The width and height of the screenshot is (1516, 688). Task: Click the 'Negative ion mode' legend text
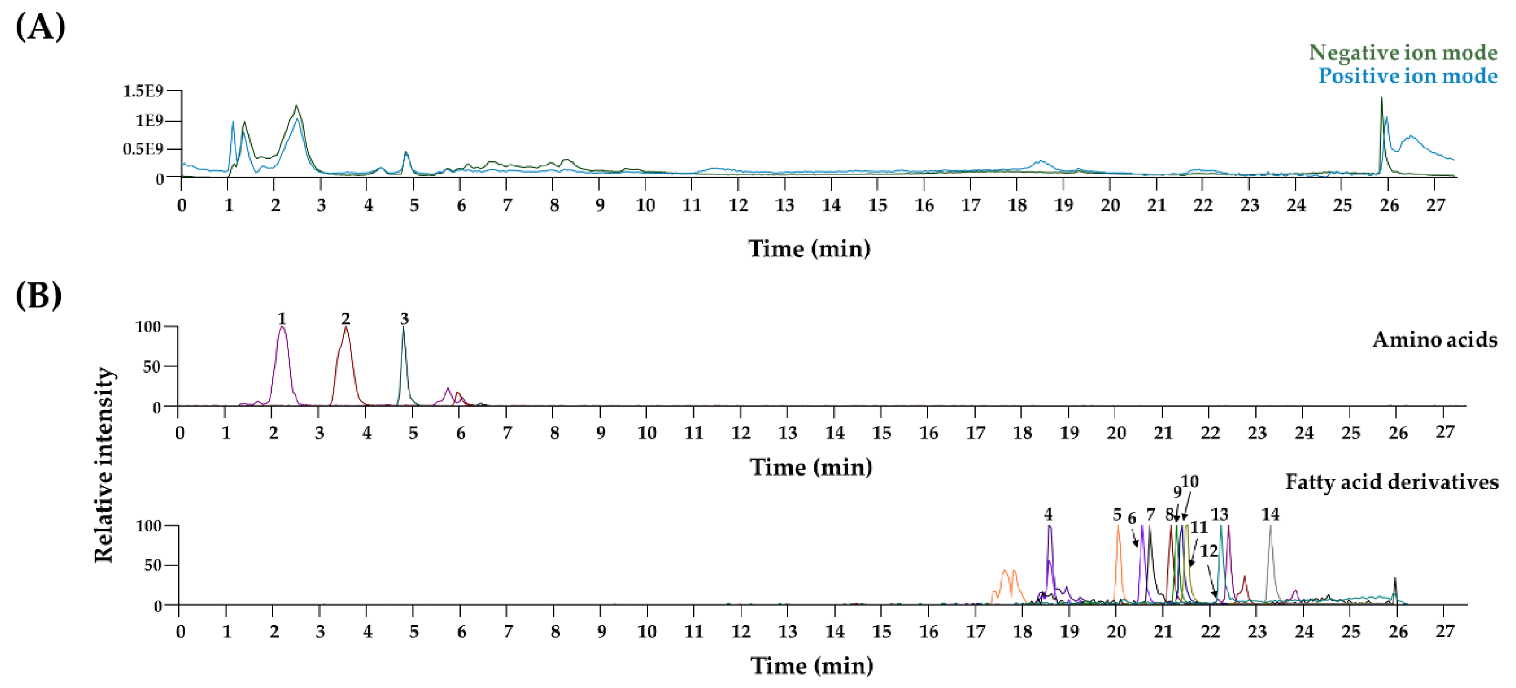coord(1403,52)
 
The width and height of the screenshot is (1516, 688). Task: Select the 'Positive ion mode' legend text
coord(1407,76)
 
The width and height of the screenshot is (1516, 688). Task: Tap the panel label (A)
coord(40,27)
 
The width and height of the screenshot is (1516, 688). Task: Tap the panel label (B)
coord(38,296)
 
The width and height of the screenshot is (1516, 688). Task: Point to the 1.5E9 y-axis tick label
coord(142,91)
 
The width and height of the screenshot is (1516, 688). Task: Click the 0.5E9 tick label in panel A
coord(142,149)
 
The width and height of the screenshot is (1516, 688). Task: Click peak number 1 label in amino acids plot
coord(281,318)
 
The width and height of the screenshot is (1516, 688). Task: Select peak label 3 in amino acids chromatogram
coord(404,318)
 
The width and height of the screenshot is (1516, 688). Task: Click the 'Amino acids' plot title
coord(1434,340)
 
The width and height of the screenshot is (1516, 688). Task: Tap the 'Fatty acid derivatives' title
coord(1391,482)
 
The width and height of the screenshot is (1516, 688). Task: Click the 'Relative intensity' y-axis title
coord(104,464)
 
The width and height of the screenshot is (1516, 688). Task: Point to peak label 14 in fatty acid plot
coord(1270,514)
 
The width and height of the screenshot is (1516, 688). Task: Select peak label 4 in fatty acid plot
coord(1048,514)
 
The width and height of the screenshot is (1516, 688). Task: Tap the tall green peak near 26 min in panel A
coord(1381,118)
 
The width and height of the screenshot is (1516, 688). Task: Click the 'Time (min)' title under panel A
coord(809,248)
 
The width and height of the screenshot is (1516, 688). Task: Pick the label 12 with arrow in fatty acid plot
coord(1209,551)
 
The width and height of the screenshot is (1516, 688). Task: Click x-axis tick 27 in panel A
coord(1435,205)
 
